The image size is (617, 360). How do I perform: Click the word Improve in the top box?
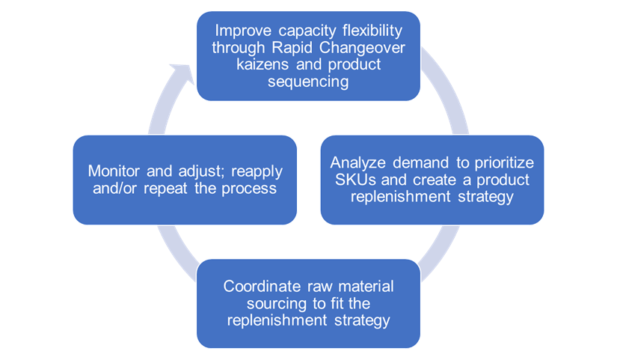tap(239, 31)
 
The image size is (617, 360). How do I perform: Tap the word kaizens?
tap(240, 64)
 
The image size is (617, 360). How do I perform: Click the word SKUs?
tap(349, 179)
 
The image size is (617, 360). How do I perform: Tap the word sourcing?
tap(254, 304)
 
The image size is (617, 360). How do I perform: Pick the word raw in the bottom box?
tap(310, 287)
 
